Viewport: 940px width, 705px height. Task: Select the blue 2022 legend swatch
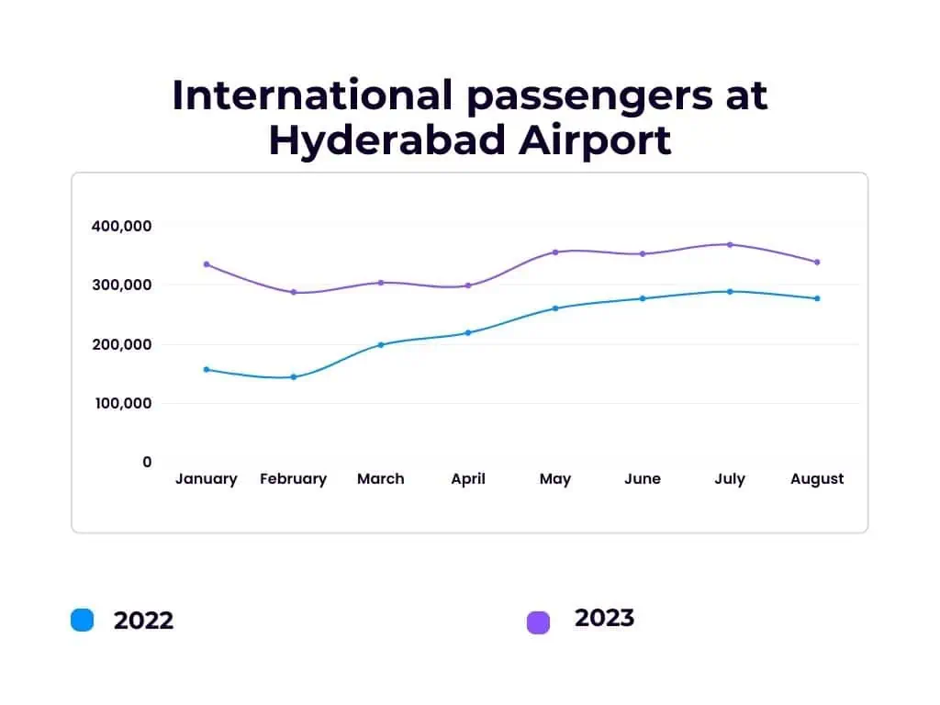coord(82,620)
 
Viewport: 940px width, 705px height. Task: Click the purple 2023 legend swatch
coord(538,622)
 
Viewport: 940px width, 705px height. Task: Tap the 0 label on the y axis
coord(147,462)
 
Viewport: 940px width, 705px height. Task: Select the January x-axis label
coord(207,479)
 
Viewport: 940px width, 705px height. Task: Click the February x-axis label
coord(294,479)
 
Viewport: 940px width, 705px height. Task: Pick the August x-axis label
coord(817,479)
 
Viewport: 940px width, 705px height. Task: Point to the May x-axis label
coord(555,479)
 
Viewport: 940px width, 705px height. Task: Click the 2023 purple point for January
coord(207,264)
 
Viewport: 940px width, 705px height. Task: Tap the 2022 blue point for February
coord(294,377)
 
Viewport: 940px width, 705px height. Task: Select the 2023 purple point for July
coord(730,244)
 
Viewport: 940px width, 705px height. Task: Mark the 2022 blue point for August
coord(817,298)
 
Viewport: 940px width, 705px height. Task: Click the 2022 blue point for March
coord(381,345)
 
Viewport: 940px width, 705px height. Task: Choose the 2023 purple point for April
coord(468,285)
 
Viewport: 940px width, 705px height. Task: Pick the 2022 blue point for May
coord(555,308)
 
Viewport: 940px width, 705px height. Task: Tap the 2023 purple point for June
coord(643,253)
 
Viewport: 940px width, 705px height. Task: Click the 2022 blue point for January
coord(207,370)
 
